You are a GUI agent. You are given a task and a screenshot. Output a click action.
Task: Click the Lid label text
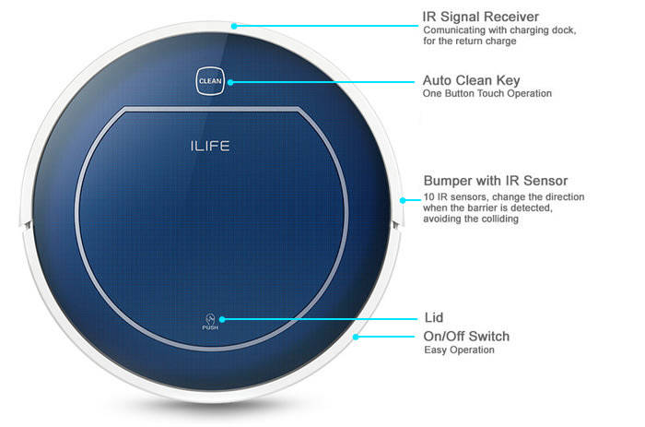click(432, 316)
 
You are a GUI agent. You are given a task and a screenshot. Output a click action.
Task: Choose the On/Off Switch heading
click(466, 336)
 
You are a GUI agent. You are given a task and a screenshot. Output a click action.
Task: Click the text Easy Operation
click(459, 350)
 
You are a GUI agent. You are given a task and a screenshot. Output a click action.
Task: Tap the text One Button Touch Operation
click(486, 94)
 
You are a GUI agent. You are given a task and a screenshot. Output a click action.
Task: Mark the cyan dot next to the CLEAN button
click(231, 82)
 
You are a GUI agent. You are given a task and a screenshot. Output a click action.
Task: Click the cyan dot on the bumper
click(402, 197)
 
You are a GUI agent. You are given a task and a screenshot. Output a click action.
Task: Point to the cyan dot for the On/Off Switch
click(355, 337)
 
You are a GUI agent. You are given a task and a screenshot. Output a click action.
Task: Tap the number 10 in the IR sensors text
click(428, 196)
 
